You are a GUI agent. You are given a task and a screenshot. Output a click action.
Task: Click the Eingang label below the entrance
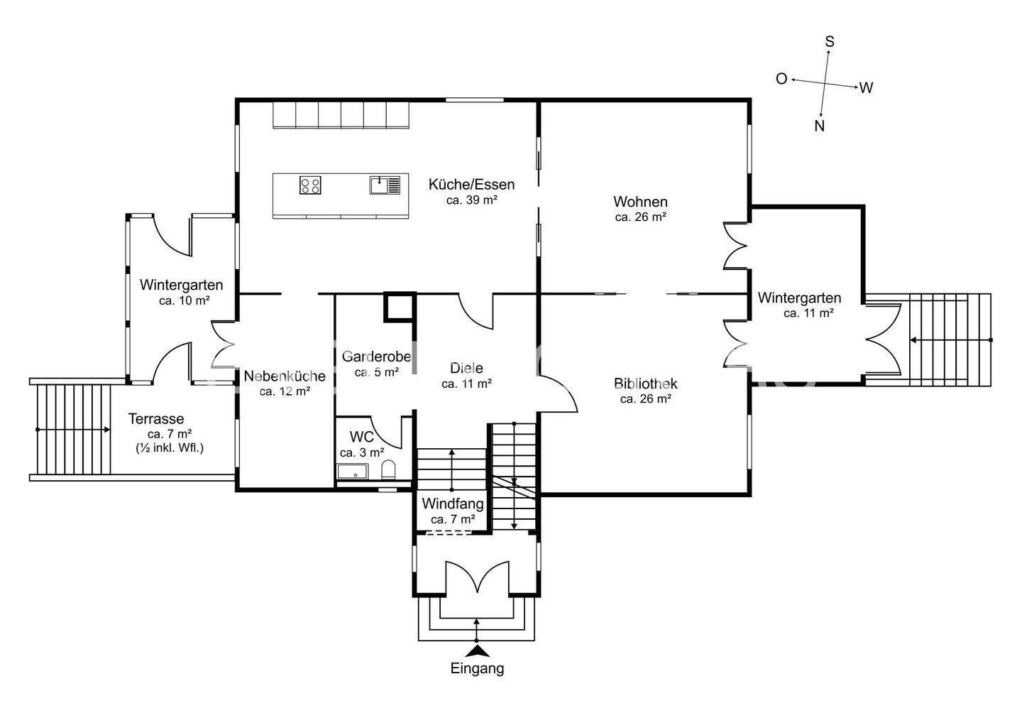(477, 669)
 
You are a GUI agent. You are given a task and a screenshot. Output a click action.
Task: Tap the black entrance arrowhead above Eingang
(477, 651)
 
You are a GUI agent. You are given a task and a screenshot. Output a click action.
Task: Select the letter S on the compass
(830, 42)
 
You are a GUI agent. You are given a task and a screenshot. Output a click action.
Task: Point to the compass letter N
(820, 126)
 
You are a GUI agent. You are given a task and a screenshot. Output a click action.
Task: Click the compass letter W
(866, 87)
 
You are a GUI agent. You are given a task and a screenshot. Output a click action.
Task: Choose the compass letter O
(781, 79)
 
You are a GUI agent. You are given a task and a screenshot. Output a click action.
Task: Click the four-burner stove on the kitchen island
(310, 185)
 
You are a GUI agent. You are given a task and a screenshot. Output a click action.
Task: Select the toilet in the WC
(388, 470)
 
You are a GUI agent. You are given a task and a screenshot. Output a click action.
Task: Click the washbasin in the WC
(352, 472)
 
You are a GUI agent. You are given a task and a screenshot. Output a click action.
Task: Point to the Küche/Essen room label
(471, 185)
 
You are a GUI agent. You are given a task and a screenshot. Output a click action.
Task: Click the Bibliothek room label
(645, 384)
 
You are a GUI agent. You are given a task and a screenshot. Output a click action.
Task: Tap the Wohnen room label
(640, 201)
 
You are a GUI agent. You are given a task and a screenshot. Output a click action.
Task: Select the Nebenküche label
(285, 376)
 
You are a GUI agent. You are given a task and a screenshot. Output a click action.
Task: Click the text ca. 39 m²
(472, 200)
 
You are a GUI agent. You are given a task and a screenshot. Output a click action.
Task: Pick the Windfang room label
(453, 504)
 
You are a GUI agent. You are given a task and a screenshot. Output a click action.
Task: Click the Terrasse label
(156, 418)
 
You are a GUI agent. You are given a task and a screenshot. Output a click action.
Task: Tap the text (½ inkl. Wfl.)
(170, 448)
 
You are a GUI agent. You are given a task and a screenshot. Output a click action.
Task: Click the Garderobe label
(376, 357)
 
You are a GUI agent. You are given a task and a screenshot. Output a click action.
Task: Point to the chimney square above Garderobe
(400, 307)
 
